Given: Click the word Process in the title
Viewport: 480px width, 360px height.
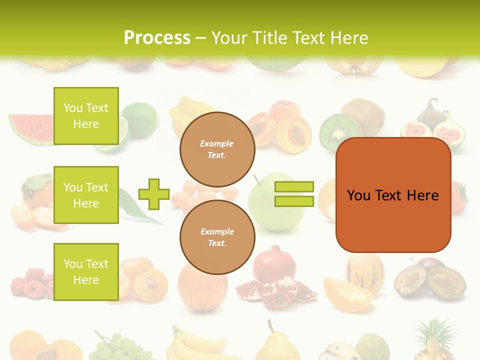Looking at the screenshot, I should [157, 38].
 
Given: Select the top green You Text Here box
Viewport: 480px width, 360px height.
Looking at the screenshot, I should [86, 116].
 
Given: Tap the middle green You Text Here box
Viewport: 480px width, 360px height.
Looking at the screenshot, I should [86, 195].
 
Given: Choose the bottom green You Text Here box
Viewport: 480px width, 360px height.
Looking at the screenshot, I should [86, 272].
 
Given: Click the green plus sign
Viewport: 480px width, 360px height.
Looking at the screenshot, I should [154, 194].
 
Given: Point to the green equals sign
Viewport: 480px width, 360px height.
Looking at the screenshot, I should [294, 194].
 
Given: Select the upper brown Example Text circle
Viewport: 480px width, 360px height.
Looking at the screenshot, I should [217, 149].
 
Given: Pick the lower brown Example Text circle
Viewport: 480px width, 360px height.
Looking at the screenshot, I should [217, 237].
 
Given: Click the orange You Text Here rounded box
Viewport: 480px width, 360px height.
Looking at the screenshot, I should [393, 195].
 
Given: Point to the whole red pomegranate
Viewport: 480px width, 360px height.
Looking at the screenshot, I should [273, 263].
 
